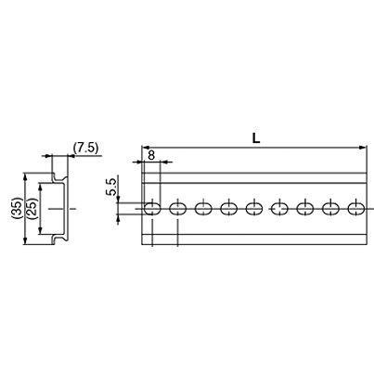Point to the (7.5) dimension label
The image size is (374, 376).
pos(87,147)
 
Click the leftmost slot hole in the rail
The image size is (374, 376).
pos(152,209)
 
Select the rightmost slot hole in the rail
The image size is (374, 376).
pos(355,209)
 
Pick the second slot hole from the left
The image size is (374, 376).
pos(178,209)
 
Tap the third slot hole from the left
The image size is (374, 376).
pos(203,209)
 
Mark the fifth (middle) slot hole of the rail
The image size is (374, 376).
pos(254,209)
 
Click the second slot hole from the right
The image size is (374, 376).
pos(330,209)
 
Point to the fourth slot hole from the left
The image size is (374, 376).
pos(229,209)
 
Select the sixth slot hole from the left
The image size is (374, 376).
pos(279,209)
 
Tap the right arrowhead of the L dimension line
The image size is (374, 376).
pos(363,147)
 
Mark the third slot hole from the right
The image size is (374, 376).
pos(305,209)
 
